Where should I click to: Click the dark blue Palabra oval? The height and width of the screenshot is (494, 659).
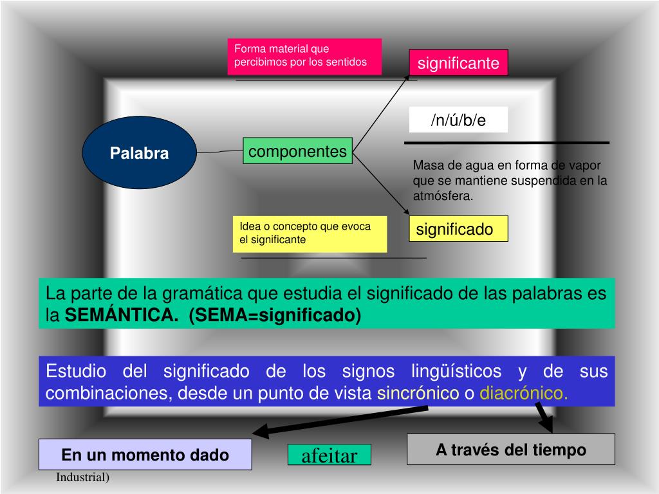tap(139, 153)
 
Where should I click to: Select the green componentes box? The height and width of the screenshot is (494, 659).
tap(297, 151)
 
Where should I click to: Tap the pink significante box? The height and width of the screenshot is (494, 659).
tap(458, 63)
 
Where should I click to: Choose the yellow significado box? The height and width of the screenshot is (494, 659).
tap(458, 229)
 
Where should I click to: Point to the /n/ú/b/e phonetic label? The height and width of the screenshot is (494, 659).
tap(458, 120)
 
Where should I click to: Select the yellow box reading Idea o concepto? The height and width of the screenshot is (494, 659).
tap(310, 233)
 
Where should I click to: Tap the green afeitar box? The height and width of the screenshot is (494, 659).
tap(329, 456)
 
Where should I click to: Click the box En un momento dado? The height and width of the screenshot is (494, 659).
tap(145, 454)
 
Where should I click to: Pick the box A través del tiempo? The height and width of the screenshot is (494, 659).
tap(511, 449)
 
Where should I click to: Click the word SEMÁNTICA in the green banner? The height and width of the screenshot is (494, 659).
tap(122, 316)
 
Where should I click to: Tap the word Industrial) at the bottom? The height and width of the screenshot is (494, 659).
tap(82, 478)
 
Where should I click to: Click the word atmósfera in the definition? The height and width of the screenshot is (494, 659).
tap(443, 196)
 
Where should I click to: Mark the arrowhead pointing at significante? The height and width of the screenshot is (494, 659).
tap(407, 77)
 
